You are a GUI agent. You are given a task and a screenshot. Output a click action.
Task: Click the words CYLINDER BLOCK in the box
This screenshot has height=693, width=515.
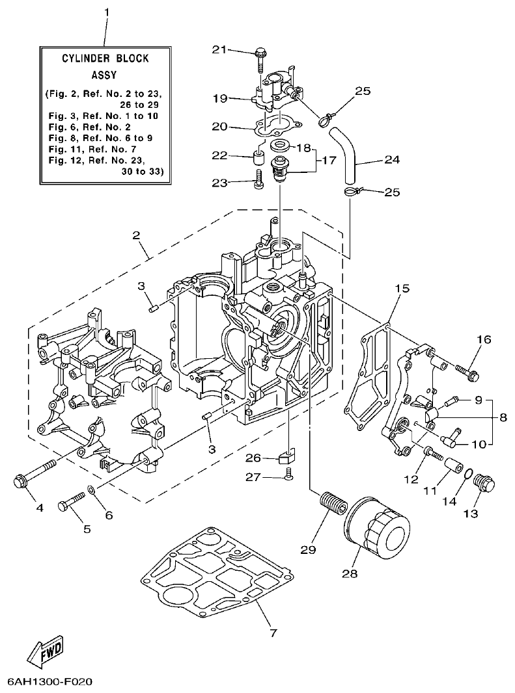click(x=105, y=59)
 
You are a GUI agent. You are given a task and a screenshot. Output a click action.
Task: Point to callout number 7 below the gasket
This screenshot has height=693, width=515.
click(x=273, y=632)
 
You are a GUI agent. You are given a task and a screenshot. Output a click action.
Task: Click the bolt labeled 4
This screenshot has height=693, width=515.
click(x=33, y=475)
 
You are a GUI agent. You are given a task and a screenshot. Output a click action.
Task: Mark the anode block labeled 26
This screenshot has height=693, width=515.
click(x=287, y=456)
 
